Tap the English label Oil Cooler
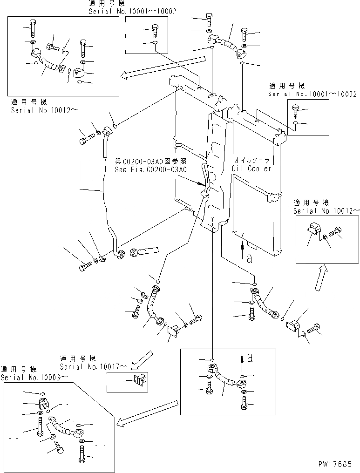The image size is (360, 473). click(251, 169)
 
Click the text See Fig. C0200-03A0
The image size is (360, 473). click(150, 169)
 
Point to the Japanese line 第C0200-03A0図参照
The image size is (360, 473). click(150, 162)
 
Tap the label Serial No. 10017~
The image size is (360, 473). click(93, 367)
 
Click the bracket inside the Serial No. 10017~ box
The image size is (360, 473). click(140, 380)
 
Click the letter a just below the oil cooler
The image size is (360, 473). click(249, 260)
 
